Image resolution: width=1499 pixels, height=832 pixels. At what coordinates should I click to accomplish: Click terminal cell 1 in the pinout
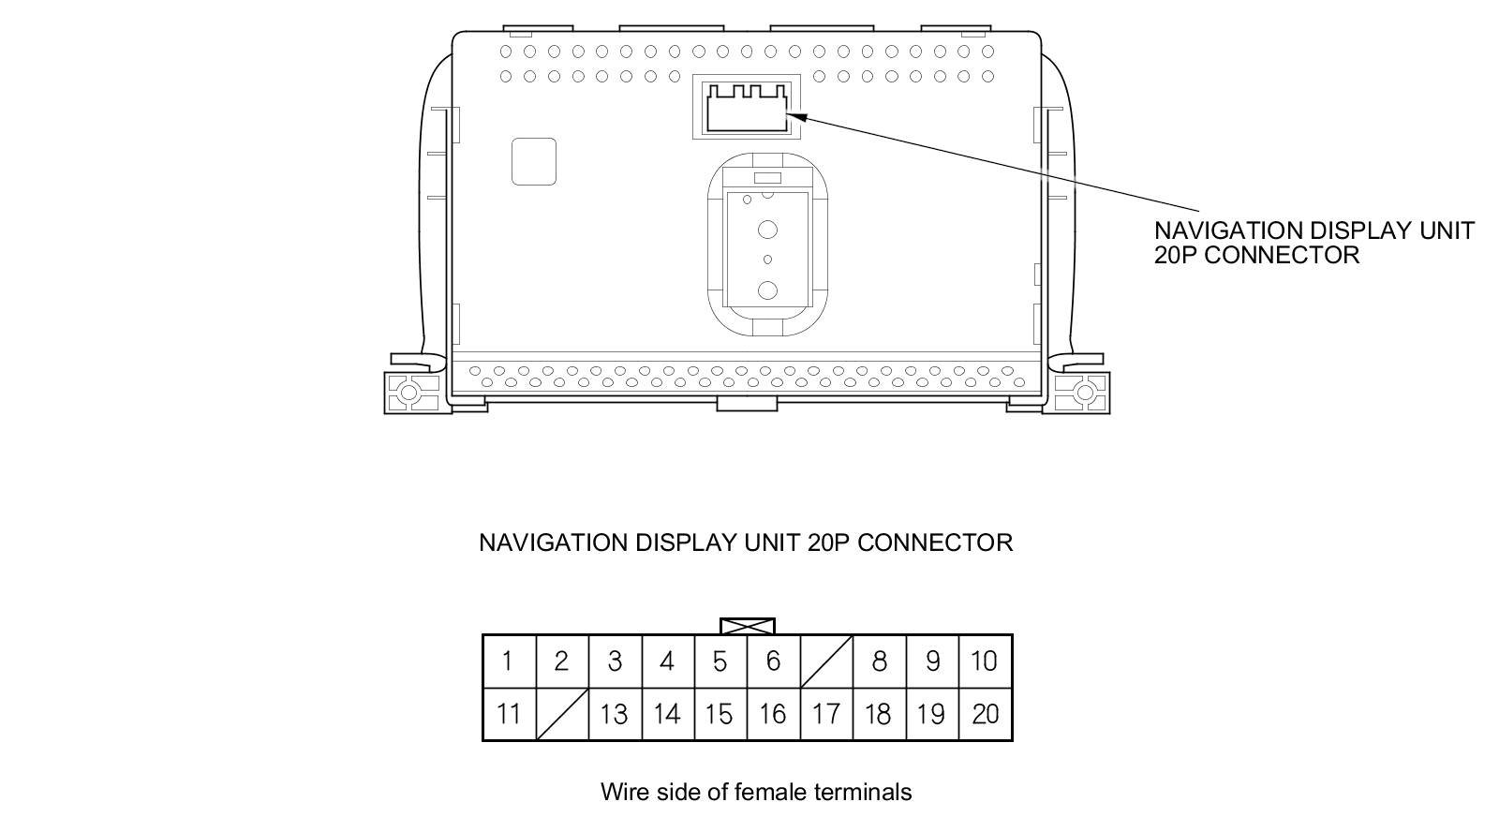click(x=508, y=661)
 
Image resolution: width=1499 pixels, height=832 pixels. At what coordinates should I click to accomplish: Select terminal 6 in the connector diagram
click(x=773, y=661)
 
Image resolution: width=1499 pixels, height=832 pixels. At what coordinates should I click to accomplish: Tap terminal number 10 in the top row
click(x=985, y=661)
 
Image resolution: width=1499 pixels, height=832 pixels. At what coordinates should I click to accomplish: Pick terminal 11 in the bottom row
click(x=508, y=714)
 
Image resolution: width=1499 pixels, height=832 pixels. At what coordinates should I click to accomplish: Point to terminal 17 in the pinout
click(x=825, y=714)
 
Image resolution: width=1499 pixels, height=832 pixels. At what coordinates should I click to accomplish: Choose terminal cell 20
click(x=985, y=714)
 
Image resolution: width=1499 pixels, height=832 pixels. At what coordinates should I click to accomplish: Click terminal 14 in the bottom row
click(x=666, y=714)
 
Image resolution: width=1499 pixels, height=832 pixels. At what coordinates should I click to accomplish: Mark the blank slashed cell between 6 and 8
click(x=826, y=661)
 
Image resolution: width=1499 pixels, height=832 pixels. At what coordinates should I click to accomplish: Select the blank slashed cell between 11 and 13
click(x=561, y=714)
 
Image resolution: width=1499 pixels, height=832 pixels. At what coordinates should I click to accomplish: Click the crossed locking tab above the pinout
click(x=747, y=626)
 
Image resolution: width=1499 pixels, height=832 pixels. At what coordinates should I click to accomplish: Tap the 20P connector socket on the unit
click(x=747, y=106)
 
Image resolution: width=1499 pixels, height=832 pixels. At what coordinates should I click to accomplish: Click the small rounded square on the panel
click(x=534, y=161)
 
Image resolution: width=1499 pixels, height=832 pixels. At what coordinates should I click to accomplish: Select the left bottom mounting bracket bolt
click(x=410, y=392)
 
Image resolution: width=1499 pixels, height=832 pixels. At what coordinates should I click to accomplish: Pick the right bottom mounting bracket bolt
click(x=1085, y=392)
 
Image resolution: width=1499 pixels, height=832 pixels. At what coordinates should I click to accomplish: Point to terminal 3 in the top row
click(x=614, y=661)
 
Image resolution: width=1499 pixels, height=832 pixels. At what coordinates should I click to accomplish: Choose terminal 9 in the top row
click(x=932, y=661)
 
